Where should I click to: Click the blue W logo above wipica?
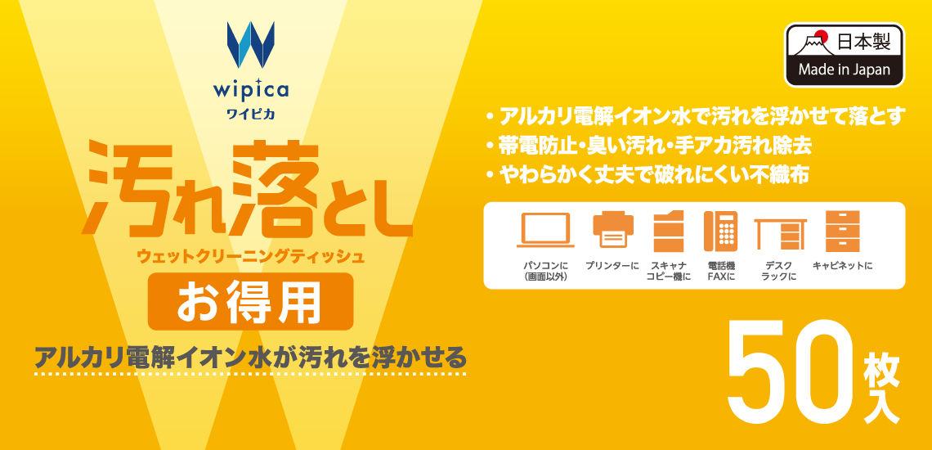250,45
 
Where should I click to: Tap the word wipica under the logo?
250,90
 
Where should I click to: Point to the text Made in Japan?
844,70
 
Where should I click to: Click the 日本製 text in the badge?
863,43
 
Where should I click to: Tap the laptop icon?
545,230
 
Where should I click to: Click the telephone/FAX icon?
720,231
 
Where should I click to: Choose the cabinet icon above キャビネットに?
842,231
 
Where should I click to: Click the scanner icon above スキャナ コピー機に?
668,231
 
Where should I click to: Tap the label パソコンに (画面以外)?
545,271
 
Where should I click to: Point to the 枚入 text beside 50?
880,388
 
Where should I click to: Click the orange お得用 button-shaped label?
251,301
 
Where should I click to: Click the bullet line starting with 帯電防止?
647,146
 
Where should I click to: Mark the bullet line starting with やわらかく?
647,176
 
